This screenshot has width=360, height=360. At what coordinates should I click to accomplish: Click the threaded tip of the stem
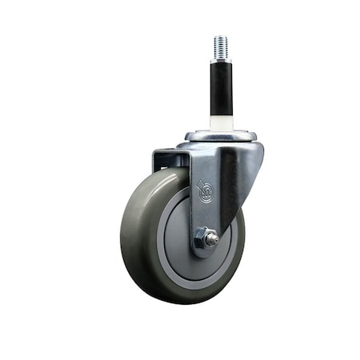click(x=221, y=47)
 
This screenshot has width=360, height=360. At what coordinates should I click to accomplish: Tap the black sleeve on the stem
click(x=221, y=87)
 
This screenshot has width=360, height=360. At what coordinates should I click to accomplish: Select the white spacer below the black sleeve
click(x=220, y=122)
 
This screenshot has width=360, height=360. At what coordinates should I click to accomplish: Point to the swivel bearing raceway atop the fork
click(x=220, y=135)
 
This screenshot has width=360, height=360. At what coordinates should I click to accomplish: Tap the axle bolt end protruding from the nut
click(x=214, y=238)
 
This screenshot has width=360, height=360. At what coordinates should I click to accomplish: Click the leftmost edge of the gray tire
click(x=122, y=236)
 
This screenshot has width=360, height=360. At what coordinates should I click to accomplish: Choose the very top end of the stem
click(x=221, y=37)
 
